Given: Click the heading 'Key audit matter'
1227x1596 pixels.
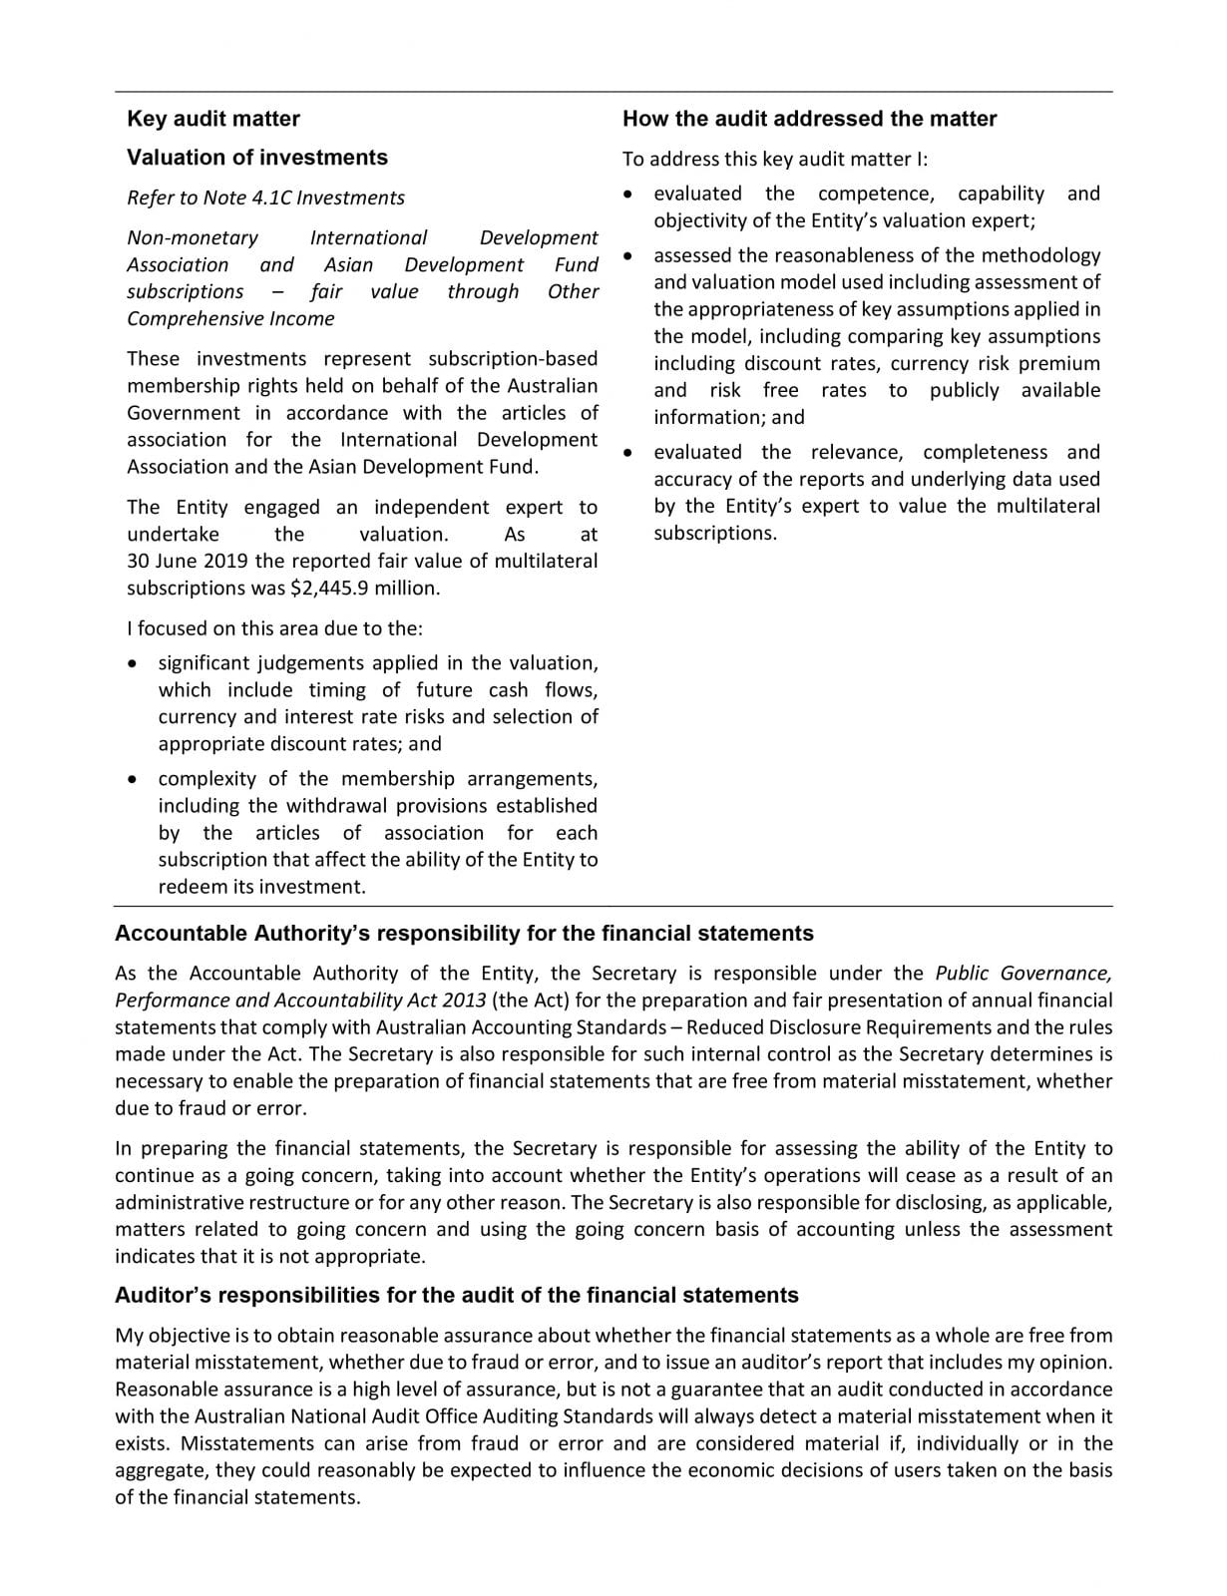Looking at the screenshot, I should pos(212,119).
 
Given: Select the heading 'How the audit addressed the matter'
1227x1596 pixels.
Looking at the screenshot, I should pos(809,119).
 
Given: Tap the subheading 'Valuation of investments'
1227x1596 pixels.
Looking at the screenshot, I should pos(256,158).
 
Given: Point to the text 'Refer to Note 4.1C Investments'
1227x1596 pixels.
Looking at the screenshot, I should pos(265,198).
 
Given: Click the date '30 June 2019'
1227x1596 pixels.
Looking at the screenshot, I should pos(188,562).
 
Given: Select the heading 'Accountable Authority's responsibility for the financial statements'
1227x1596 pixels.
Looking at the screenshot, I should pos(464,934).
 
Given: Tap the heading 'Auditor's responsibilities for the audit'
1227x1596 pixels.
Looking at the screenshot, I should pos(456,1296).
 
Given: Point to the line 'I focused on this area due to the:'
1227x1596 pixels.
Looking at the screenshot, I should pos(274,628).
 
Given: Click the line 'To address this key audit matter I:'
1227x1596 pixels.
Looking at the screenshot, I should pos(775,160).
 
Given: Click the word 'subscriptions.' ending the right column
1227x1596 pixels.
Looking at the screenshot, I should pos(714,534).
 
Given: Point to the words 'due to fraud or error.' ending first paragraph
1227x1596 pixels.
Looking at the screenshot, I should pos(210,1108).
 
